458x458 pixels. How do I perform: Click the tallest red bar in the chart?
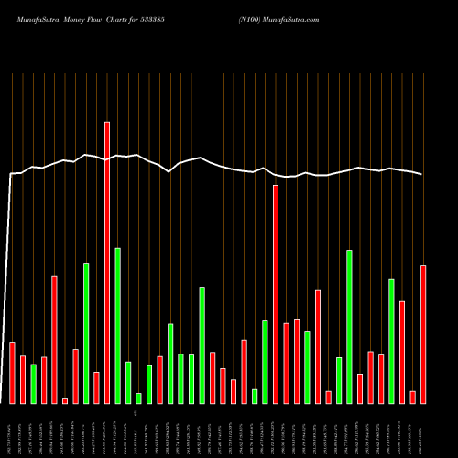pos(107,262)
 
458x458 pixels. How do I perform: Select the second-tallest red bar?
pos(276,294)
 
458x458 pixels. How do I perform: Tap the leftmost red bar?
pos(13,373)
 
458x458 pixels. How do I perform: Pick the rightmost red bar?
pos(423,334)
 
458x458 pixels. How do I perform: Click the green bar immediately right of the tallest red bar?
pos(117,325)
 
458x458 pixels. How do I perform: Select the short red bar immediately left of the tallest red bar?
pos(96,387)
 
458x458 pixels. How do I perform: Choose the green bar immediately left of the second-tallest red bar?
pos(265,362)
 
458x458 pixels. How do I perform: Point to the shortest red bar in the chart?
pos(65,400)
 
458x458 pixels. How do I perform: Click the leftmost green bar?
pos(34,384)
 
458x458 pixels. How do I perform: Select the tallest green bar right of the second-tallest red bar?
pos(349,326)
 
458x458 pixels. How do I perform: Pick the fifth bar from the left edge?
pos(55,339)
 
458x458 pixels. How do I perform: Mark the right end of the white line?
pos(422,174)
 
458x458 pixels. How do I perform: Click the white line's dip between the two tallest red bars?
pos(169,171)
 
